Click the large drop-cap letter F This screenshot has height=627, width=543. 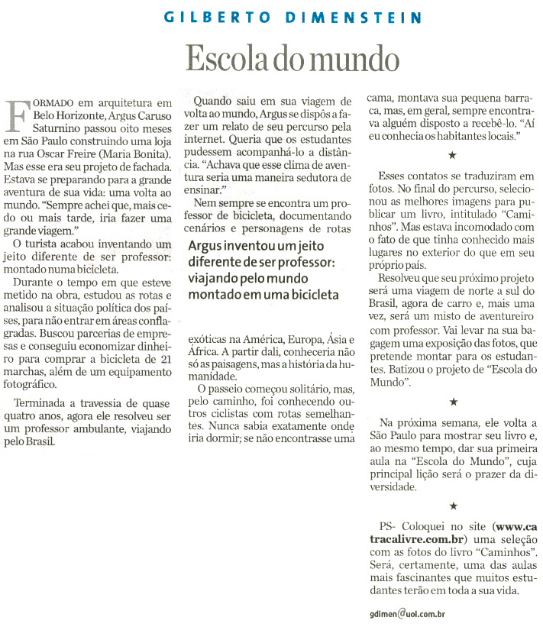(19, 115)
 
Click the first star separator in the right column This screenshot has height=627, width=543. (451, 156)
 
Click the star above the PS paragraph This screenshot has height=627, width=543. (451, 506)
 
